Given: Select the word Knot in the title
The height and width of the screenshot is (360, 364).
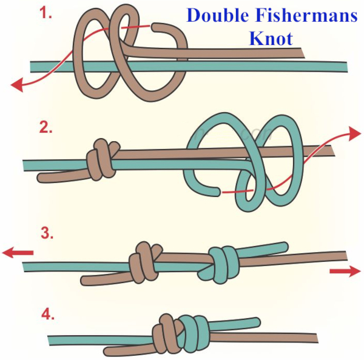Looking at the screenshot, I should tap(271, 39).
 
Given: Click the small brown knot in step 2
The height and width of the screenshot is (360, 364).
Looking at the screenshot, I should tap(103, 160).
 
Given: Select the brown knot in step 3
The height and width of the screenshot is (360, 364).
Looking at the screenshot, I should tap(144, 262).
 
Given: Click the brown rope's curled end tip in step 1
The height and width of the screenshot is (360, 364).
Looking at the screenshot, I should tap(154, 27).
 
